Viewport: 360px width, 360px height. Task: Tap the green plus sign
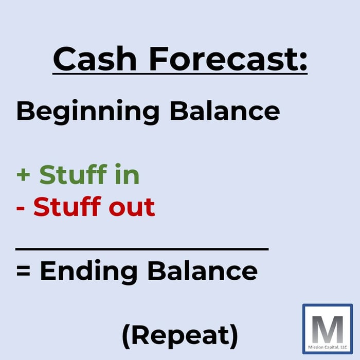click(24, 176)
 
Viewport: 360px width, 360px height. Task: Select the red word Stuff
click(66, 206)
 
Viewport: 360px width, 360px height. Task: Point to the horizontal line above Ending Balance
click(142, 249)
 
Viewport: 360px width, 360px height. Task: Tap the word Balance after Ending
click(204, 270)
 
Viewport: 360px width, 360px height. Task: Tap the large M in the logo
click(328, 326)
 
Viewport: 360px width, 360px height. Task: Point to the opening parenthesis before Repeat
click(127, 336)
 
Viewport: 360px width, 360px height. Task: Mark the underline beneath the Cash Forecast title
click(180, 74)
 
